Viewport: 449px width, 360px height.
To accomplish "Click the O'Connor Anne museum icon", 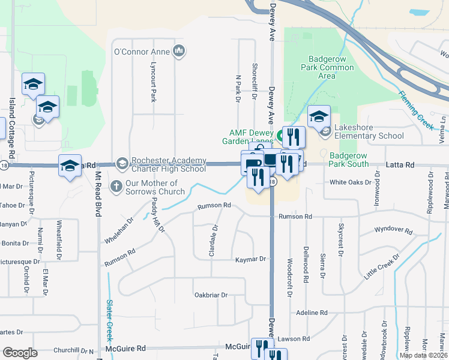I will click(x=178, y=52).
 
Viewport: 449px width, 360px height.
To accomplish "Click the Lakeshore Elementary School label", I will click(x=369, y=136).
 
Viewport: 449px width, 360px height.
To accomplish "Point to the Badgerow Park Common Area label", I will click(x=327, y=67).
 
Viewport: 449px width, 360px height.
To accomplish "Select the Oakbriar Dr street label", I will click(x=211, y=295).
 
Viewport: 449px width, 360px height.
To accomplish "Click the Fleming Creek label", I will click(x=416, y=110).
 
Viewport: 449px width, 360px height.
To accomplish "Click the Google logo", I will click(x=20, y=353).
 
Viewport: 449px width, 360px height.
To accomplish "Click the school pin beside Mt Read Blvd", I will click(x=70, y=166).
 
